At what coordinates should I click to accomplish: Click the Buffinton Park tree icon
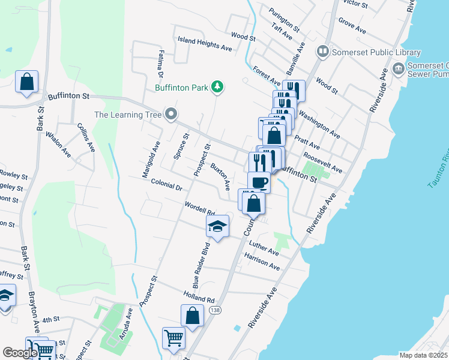[x=217, y=88]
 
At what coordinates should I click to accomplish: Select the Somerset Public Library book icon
[x=323, y=52]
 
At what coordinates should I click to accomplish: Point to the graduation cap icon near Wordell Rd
[x=217, y=227]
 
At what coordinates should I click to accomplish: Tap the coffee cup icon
[x=259, y=182]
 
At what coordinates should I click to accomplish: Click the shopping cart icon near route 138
[x=173, y=338]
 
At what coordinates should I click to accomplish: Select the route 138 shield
[x=215, y=310]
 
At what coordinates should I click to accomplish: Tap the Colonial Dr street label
[x=166, y=187]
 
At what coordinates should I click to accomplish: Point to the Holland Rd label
[x=199, y=296]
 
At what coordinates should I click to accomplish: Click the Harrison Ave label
[x=262, y=261]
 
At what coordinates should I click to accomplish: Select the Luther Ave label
[x=265, y=248]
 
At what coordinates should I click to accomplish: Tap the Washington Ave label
[x=319, y=122]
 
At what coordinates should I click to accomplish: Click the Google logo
[x=20, y=353]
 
